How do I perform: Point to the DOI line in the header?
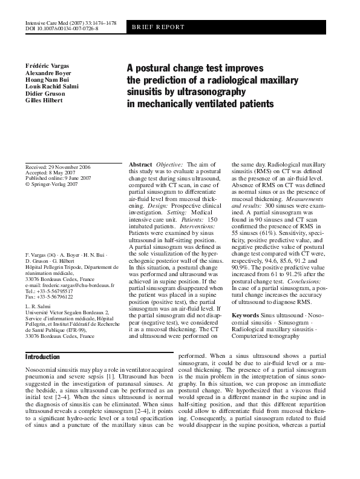click(59, 28)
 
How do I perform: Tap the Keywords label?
click(246, 316)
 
